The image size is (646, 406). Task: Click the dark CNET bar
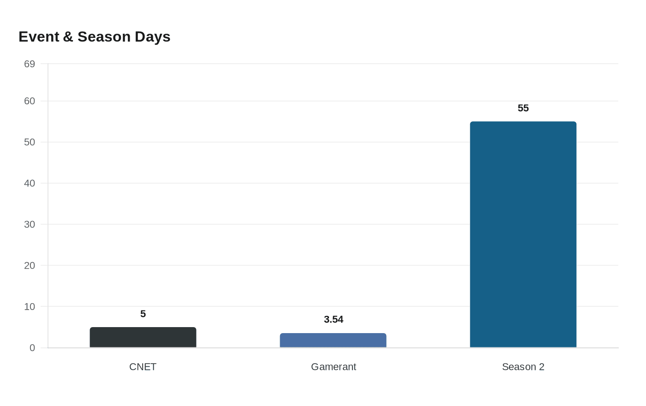[x=143, y=337]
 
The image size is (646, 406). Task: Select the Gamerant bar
[x=333, y=340]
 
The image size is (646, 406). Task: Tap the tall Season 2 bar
[x=523, y=234]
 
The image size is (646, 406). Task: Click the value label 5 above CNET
[x=143, y=314]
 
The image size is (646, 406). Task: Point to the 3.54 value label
[x=333, y=319]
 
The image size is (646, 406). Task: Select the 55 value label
[x=523, y=108]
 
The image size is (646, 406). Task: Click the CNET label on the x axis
[x=143, y=367]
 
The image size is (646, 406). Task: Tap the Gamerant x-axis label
[x=333, y=367]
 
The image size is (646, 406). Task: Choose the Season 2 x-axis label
[x=523, y=367]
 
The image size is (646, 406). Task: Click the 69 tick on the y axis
[x=30, y=64]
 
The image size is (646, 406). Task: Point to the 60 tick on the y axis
[x=30, y=101]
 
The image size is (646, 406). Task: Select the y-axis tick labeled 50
[x=30, y=142]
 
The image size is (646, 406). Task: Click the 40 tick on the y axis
[x=30, y=183]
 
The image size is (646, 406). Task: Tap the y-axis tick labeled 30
[x=30, y=224]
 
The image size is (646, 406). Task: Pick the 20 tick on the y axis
[x=30, y=265]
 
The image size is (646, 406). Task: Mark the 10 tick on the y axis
[x=30, y=306]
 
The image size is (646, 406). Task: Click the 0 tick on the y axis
[x=32, y=348]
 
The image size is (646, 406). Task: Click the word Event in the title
[x=39, y=37]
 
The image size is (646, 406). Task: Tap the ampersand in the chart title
[x=68, y=37]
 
